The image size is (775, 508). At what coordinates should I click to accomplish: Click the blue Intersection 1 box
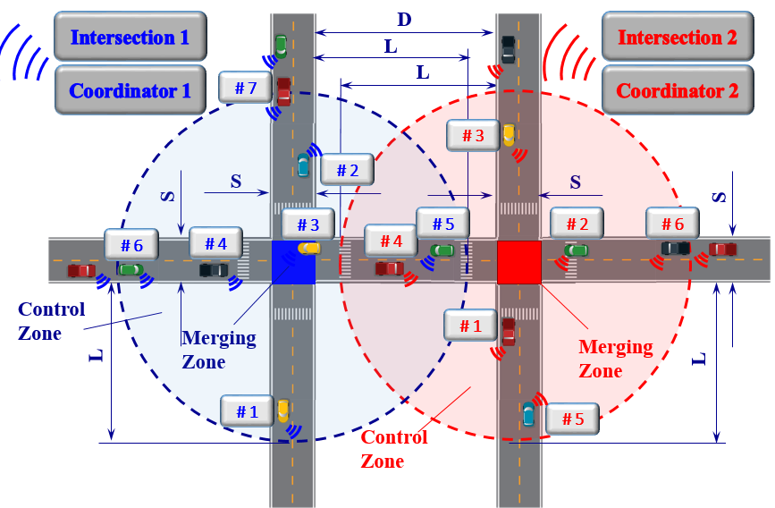pos(131,37)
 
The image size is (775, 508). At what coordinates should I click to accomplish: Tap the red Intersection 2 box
pos(677,37)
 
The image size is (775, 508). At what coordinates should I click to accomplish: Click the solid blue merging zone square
pos(293,262)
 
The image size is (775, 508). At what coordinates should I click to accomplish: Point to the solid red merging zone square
pos(519,262)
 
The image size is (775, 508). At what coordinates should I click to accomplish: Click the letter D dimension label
pos(403,19)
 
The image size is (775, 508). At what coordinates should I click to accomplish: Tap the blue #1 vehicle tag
pos(248,411)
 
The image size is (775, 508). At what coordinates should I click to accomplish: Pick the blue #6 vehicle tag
pos(131,244)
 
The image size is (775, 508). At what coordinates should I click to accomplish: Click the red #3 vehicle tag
pos(473,135)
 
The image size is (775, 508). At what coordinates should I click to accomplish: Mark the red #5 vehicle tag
pos(573,418)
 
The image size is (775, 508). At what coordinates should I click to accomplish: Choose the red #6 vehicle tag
pos(672,224)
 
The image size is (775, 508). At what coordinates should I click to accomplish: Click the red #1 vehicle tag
pos(470,326)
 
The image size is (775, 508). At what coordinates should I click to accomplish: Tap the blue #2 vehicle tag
pos(347,169)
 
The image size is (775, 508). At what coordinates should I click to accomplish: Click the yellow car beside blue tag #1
pos(283,411)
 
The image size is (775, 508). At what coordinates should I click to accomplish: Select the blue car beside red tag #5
pos(528,414)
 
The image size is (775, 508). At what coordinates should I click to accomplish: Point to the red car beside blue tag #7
pos(283,91)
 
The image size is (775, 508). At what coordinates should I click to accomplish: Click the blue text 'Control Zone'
pos(52,321)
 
